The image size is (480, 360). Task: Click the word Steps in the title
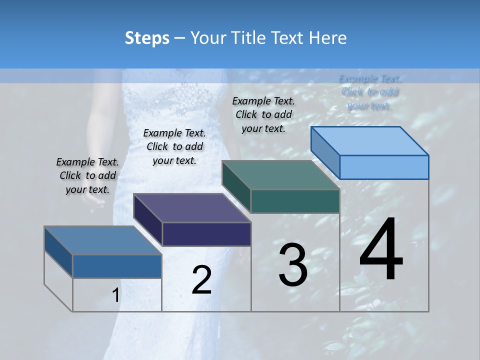[147, 38]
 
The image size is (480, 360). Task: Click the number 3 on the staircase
[293, 264]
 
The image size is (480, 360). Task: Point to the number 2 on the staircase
[201, 279]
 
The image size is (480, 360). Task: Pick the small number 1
[115, 295]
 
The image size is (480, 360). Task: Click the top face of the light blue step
[370, 140]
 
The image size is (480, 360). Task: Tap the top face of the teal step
[281, 175]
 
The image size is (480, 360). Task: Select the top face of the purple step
[192, 208]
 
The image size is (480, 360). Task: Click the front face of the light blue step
[384, 167]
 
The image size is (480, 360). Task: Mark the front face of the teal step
[295, 201]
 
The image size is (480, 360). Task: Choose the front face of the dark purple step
[206, 234]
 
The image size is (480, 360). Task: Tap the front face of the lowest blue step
[117, 266]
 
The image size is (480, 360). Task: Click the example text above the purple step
[174, 146]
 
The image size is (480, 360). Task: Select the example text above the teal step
[263, 114]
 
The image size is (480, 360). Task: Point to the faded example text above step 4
[370, 92]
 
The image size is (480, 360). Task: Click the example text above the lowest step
[87, 175]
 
